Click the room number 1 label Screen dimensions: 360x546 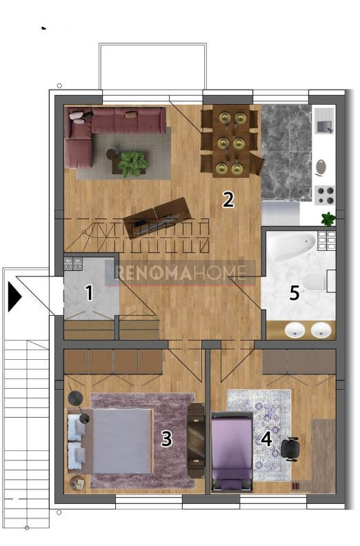90,293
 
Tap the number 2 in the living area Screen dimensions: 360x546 228,199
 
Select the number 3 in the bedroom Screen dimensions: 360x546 167,438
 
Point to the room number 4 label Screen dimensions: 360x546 267,439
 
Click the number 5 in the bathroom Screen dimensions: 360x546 295,292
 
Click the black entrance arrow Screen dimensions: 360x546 15,296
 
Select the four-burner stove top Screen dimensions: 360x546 325,195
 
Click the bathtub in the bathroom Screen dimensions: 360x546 292,245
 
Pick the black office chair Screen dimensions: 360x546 290,449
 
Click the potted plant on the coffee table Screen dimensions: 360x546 132,163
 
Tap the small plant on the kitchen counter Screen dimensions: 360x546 328,219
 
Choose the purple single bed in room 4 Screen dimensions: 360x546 232,451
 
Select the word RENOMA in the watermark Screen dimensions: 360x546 154,272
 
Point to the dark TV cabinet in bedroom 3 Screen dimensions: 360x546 196,441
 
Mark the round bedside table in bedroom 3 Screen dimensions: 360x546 77,483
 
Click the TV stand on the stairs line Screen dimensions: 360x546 157,218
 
